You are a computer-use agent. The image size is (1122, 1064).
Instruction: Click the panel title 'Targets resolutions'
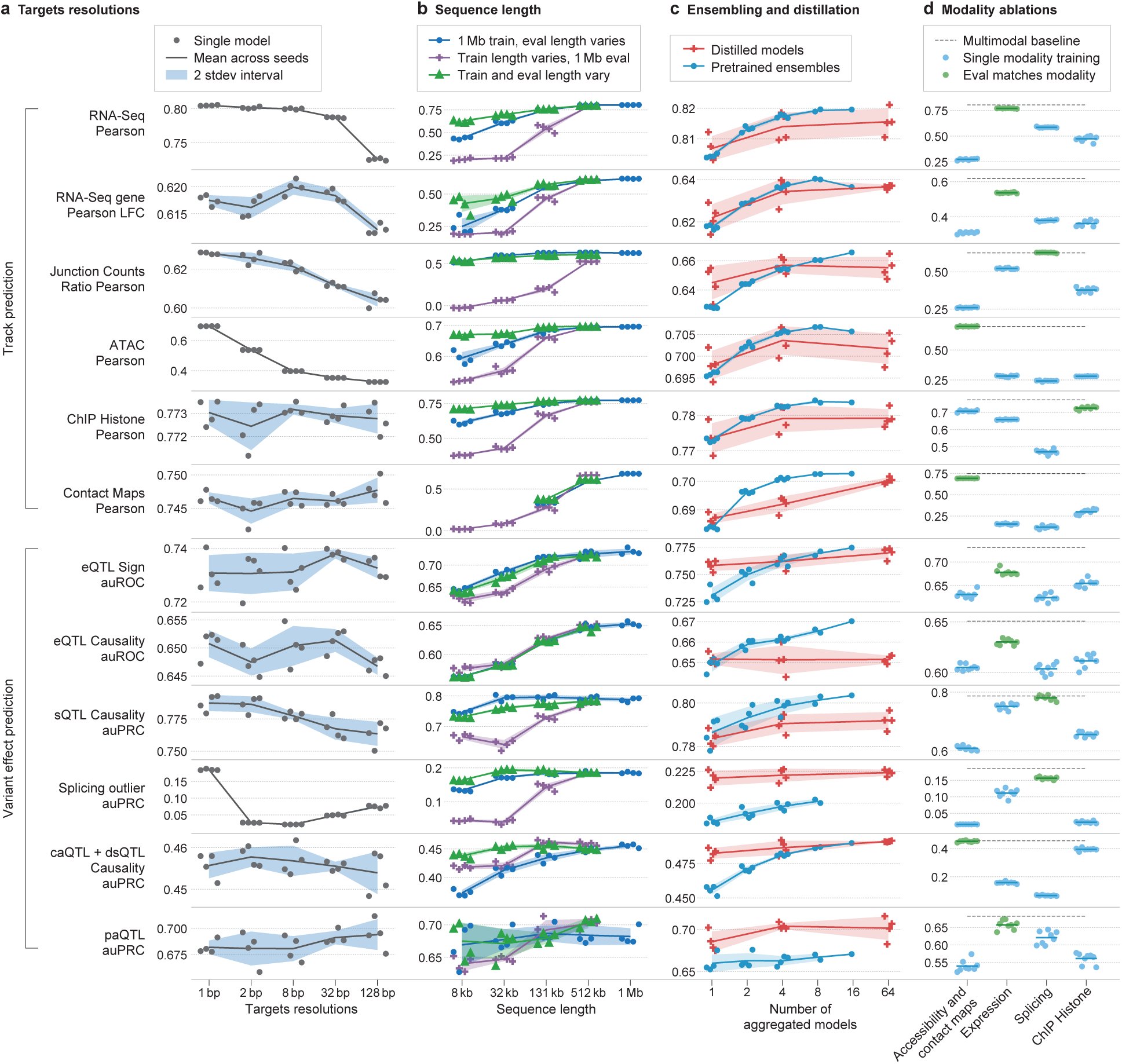[79, 10]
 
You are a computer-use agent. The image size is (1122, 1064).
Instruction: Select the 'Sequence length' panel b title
[488, 10]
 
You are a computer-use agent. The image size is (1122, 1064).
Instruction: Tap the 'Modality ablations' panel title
[999, 10]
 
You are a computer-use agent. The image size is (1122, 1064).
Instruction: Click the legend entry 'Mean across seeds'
[251, 58]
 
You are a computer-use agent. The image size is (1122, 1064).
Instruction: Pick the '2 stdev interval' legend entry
[238, 75]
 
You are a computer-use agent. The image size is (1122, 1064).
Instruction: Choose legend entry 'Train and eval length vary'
[533, 75]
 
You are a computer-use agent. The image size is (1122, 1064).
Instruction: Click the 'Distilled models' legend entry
[757, 50]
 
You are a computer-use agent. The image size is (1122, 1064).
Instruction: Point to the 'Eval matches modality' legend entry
[1029, 75]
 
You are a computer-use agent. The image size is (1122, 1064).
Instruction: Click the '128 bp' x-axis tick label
[377, 992]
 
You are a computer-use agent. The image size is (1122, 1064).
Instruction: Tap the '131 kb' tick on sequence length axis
[546, 992]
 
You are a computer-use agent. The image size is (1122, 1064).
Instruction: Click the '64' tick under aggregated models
[887, 992]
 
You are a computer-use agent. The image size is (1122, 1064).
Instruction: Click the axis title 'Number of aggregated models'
[800, 1017]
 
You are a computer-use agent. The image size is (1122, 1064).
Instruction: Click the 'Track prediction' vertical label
[8, 308]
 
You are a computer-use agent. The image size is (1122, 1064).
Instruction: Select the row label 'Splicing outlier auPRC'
[101, 796]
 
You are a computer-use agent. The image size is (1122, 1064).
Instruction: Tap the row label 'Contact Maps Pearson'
[104, 501]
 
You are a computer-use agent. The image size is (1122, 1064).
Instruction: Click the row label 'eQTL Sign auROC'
[113, 575]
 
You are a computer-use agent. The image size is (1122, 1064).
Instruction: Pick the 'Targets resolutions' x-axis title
[301, 1009]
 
